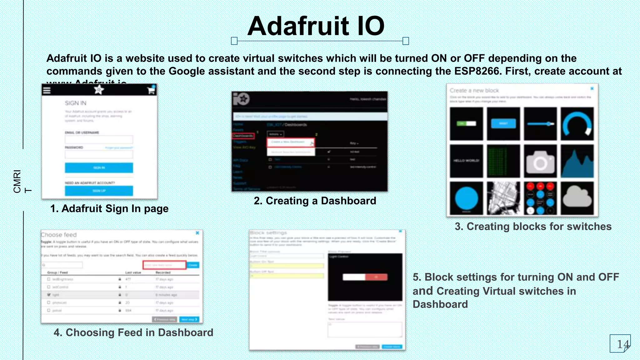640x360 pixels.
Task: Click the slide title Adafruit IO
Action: click(x=316, y=26)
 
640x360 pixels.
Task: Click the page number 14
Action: click(x=622, y=344)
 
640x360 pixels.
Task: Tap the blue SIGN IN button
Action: click(x=99, y=168)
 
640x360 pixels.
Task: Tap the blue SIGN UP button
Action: click(x=99, y=191)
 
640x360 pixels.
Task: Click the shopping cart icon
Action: click(x=151, y=90)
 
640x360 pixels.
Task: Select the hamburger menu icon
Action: click(x=47, y=91)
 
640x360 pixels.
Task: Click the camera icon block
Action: click(x=540, y=161)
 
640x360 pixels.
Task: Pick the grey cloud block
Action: click(x=577, y=198)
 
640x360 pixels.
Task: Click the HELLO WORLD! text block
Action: click(x=466, y=161)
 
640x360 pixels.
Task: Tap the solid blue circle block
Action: click(x=466, y=198)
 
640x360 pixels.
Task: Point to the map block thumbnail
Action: click(x=503, y=198)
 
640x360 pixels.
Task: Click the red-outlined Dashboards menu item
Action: click(x=243, y=136)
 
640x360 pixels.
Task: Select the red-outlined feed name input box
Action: click(x=164, y=265)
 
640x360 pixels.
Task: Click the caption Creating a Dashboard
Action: click(x=315, y=201)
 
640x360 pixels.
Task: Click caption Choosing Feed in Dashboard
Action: click(x=133, y=332)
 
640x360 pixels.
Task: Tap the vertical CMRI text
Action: click(x=17, y=181)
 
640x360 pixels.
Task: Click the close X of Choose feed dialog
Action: click(x=197, y=233)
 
